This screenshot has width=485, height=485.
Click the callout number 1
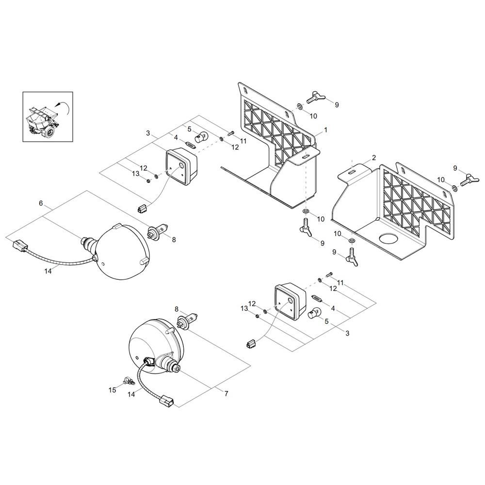pos(326,130)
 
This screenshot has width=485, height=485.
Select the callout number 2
pos(374,158)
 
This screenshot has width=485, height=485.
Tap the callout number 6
pos(41,203)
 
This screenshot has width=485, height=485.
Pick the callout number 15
pos(113,389)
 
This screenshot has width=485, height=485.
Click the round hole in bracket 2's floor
pos(388,239)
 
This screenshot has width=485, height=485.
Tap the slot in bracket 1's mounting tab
pos(305,157)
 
